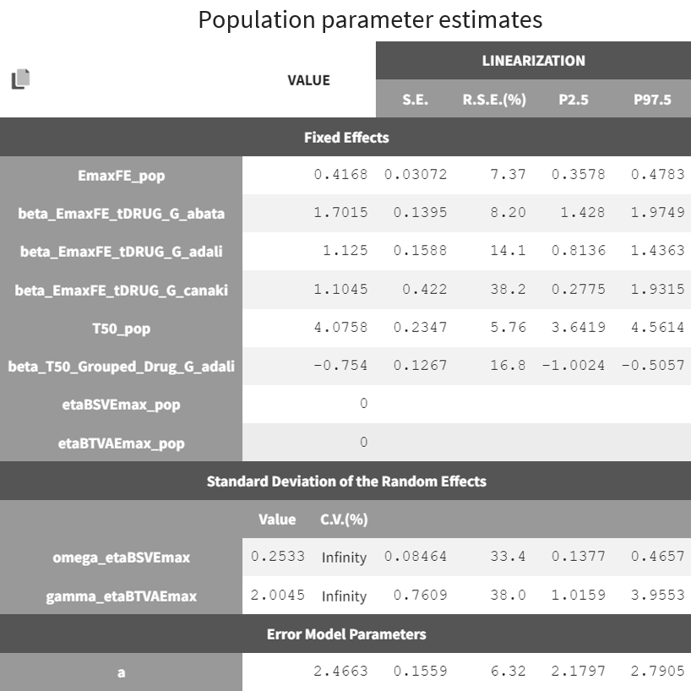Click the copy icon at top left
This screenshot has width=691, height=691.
click(20, 79)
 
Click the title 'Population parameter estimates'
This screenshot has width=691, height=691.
click(370, 19)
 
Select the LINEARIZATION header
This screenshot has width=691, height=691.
click(533, 60)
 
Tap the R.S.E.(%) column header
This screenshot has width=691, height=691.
click(494, 100)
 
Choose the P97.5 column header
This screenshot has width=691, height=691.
click(652, 100)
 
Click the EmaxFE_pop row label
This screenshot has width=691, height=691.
click(121, 176)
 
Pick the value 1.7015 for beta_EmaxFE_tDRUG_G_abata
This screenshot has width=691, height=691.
click(340, 213)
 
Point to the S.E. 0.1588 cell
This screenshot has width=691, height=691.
click(420, 251)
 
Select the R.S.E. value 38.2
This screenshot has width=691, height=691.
click(508, 289)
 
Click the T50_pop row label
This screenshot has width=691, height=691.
click(121, 328)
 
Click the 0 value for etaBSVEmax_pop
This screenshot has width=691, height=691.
click(363, 404)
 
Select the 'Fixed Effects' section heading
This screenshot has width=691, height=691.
click(346, 137)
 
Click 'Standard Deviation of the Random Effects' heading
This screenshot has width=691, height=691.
click(346, 482)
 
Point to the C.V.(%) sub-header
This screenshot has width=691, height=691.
click(344, 520)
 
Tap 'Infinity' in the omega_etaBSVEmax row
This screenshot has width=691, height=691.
click(344, 558)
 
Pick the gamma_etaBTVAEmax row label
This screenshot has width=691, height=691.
click(121, 596)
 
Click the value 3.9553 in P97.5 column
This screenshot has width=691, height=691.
click(657, 596)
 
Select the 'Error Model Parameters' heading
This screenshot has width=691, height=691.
click(346, 634)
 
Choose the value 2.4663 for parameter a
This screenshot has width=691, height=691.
click(340, 672)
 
